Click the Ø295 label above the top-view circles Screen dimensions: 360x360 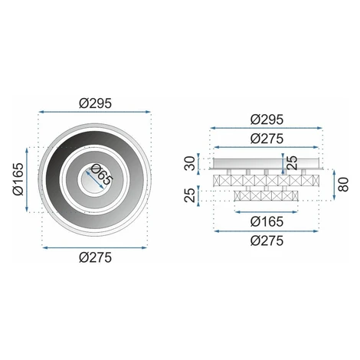95,103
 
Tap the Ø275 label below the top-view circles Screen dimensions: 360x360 95,257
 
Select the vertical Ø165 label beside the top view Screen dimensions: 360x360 18,179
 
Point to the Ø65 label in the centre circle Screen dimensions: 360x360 101,175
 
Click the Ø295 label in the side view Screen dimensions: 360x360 267,119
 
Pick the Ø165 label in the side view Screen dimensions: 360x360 267,221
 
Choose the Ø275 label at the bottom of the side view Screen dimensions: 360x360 267,241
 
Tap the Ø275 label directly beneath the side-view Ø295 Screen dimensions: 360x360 267,139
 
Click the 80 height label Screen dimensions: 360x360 343,185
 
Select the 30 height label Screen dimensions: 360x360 190,163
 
